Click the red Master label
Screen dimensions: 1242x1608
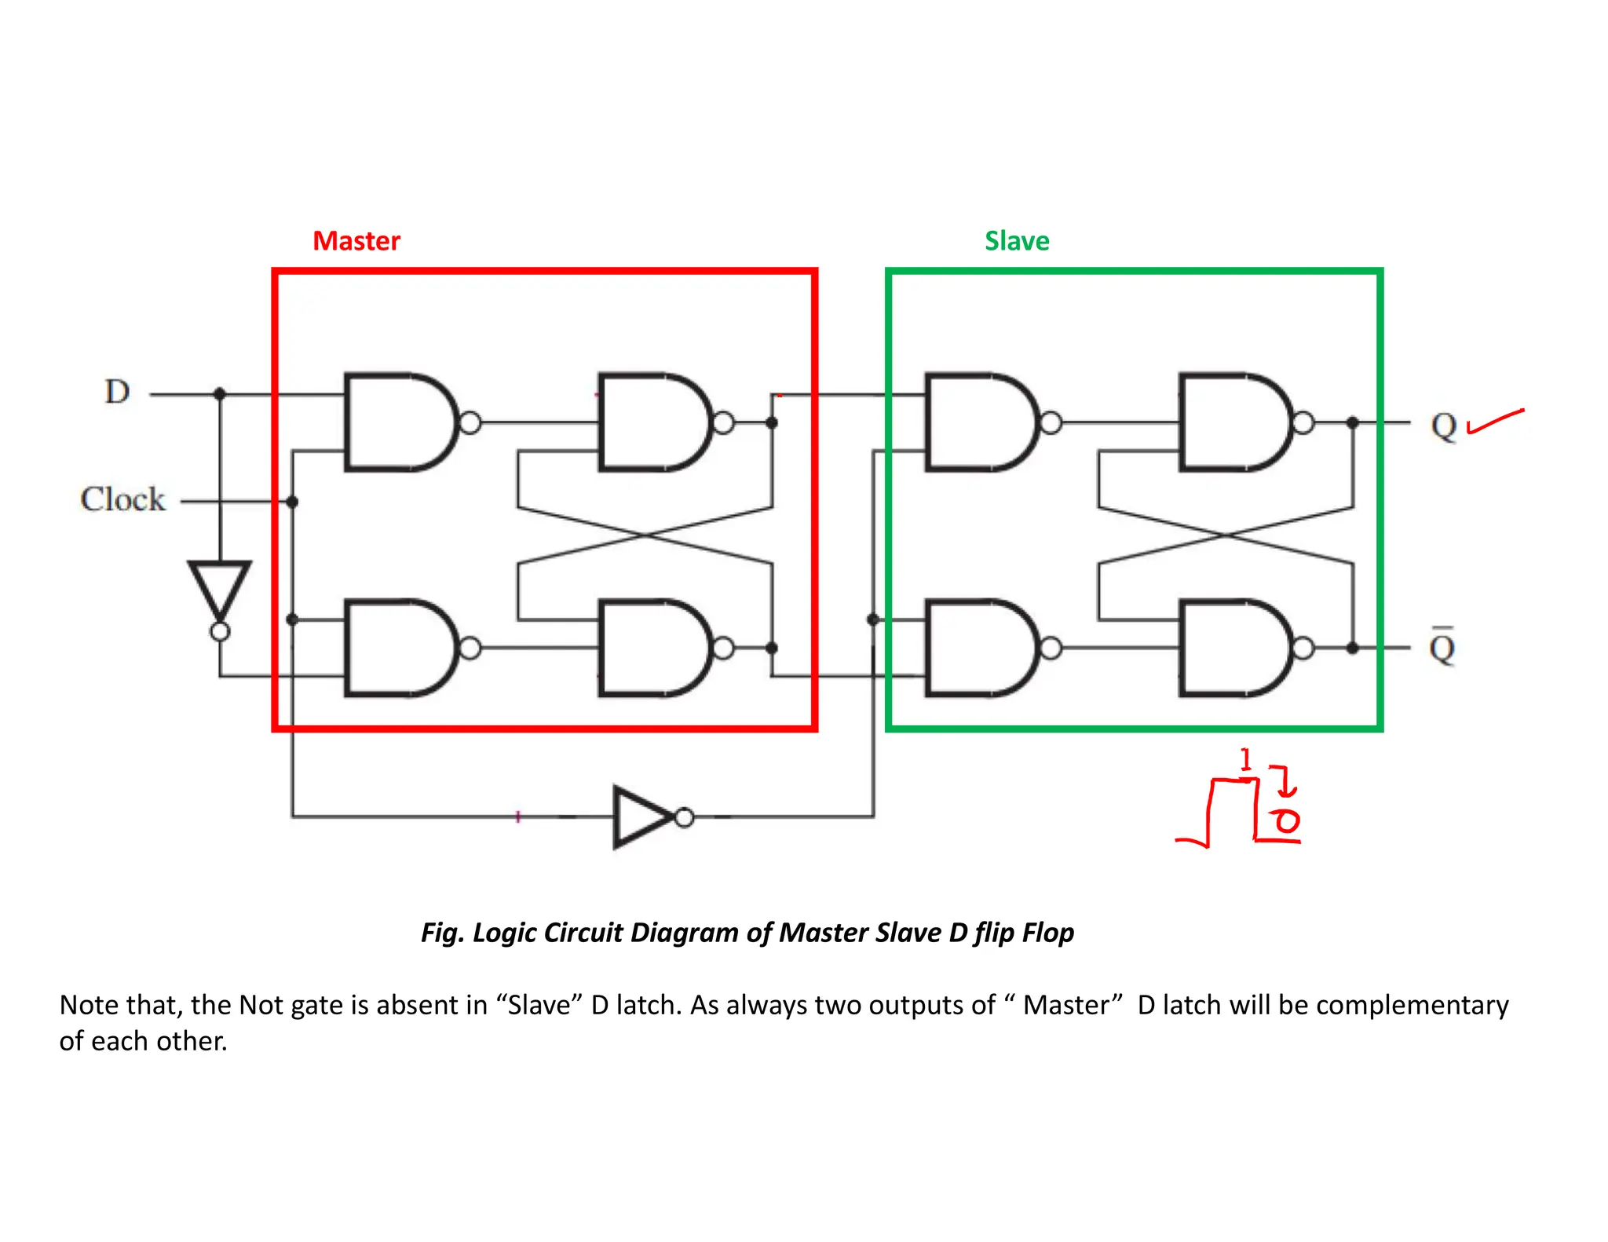point(356,241)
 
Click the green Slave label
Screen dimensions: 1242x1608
point(1017,241)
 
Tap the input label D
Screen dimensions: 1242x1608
point(117,392)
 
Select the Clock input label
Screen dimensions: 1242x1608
point(123,499)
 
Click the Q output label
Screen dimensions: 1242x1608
point(1443,426)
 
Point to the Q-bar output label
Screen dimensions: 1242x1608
point(1442,648)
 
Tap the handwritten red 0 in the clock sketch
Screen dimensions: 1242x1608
point(1287,821)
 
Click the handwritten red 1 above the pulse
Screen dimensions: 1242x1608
point(1245,759)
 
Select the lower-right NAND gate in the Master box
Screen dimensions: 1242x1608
point(654,648)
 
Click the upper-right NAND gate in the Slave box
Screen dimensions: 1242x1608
point(1235,422)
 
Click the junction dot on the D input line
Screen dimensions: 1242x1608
point(220,393)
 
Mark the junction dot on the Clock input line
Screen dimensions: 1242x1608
point(292,502)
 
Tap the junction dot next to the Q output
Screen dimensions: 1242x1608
point(1352,422)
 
